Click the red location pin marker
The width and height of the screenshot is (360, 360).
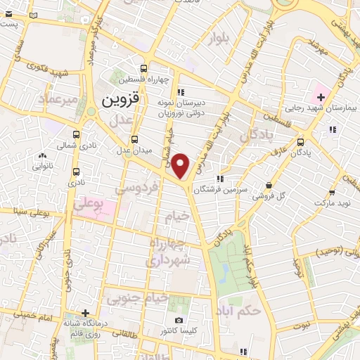pyautogui.click(x=181, y=166)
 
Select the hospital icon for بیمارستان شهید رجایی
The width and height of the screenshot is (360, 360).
pyautogui.click(x=321, y=96)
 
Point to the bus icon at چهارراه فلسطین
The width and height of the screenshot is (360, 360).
pyautogui.click(x=144, y=68)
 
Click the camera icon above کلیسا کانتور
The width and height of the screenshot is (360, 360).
pyautogui.click(x=179, y=320)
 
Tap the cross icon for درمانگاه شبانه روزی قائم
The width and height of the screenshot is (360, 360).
pyautogui.click(x=85, y=313)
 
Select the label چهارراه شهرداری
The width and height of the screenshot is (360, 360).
pyautogui.click(x=170, y=252)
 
